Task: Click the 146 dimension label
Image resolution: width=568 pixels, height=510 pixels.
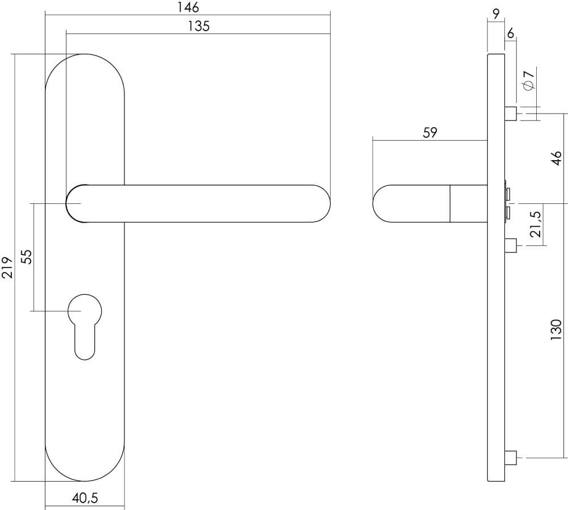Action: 187,7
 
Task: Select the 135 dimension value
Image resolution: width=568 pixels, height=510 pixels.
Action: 198,26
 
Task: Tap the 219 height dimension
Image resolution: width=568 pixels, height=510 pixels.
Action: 7,267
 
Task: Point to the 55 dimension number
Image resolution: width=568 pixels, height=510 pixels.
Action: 26,257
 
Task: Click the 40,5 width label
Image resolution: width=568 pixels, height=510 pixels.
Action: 85,499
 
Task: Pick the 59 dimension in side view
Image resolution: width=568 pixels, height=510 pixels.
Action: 430,133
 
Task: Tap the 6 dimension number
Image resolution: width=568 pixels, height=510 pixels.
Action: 510,34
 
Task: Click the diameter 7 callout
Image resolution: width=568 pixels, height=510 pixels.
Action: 528,79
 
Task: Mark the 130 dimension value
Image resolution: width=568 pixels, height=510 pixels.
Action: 556,329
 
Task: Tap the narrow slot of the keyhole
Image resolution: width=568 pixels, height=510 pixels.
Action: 85,344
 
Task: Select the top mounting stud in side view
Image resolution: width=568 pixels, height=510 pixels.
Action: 510,114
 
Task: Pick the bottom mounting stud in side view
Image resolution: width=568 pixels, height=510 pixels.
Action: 510,457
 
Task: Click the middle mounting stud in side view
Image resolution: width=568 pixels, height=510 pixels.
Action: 510,245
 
